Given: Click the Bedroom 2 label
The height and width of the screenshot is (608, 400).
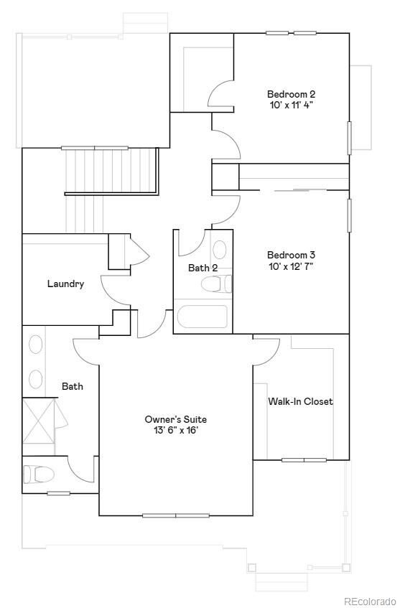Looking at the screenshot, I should click(291, 94).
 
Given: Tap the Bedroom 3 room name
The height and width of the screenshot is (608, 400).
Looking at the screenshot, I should click(291, 255).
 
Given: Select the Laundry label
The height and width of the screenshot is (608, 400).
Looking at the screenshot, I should click(65, 284).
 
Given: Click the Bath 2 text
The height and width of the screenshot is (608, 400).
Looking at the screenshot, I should click(203, 268).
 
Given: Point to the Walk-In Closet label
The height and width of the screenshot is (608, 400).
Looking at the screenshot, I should click(300, 401).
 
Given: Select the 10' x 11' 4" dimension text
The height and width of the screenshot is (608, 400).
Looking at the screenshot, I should click(291, 105).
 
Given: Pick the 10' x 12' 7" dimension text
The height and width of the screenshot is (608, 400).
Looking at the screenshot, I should click(291, 266).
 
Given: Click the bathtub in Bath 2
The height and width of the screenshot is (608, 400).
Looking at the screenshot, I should click(203, 317).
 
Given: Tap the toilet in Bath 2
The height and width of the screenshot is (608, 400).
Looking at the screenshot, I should click(216, 285).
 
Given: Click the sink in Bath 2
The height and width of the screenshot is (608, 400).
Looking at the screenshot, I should click(220, 250).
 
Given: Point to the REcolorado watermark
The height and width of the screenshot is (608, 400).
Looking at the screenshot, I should click(369, 601).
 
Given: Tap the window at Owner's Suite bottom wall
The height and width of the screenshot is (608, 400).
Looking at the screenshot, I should click(176, 515).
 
